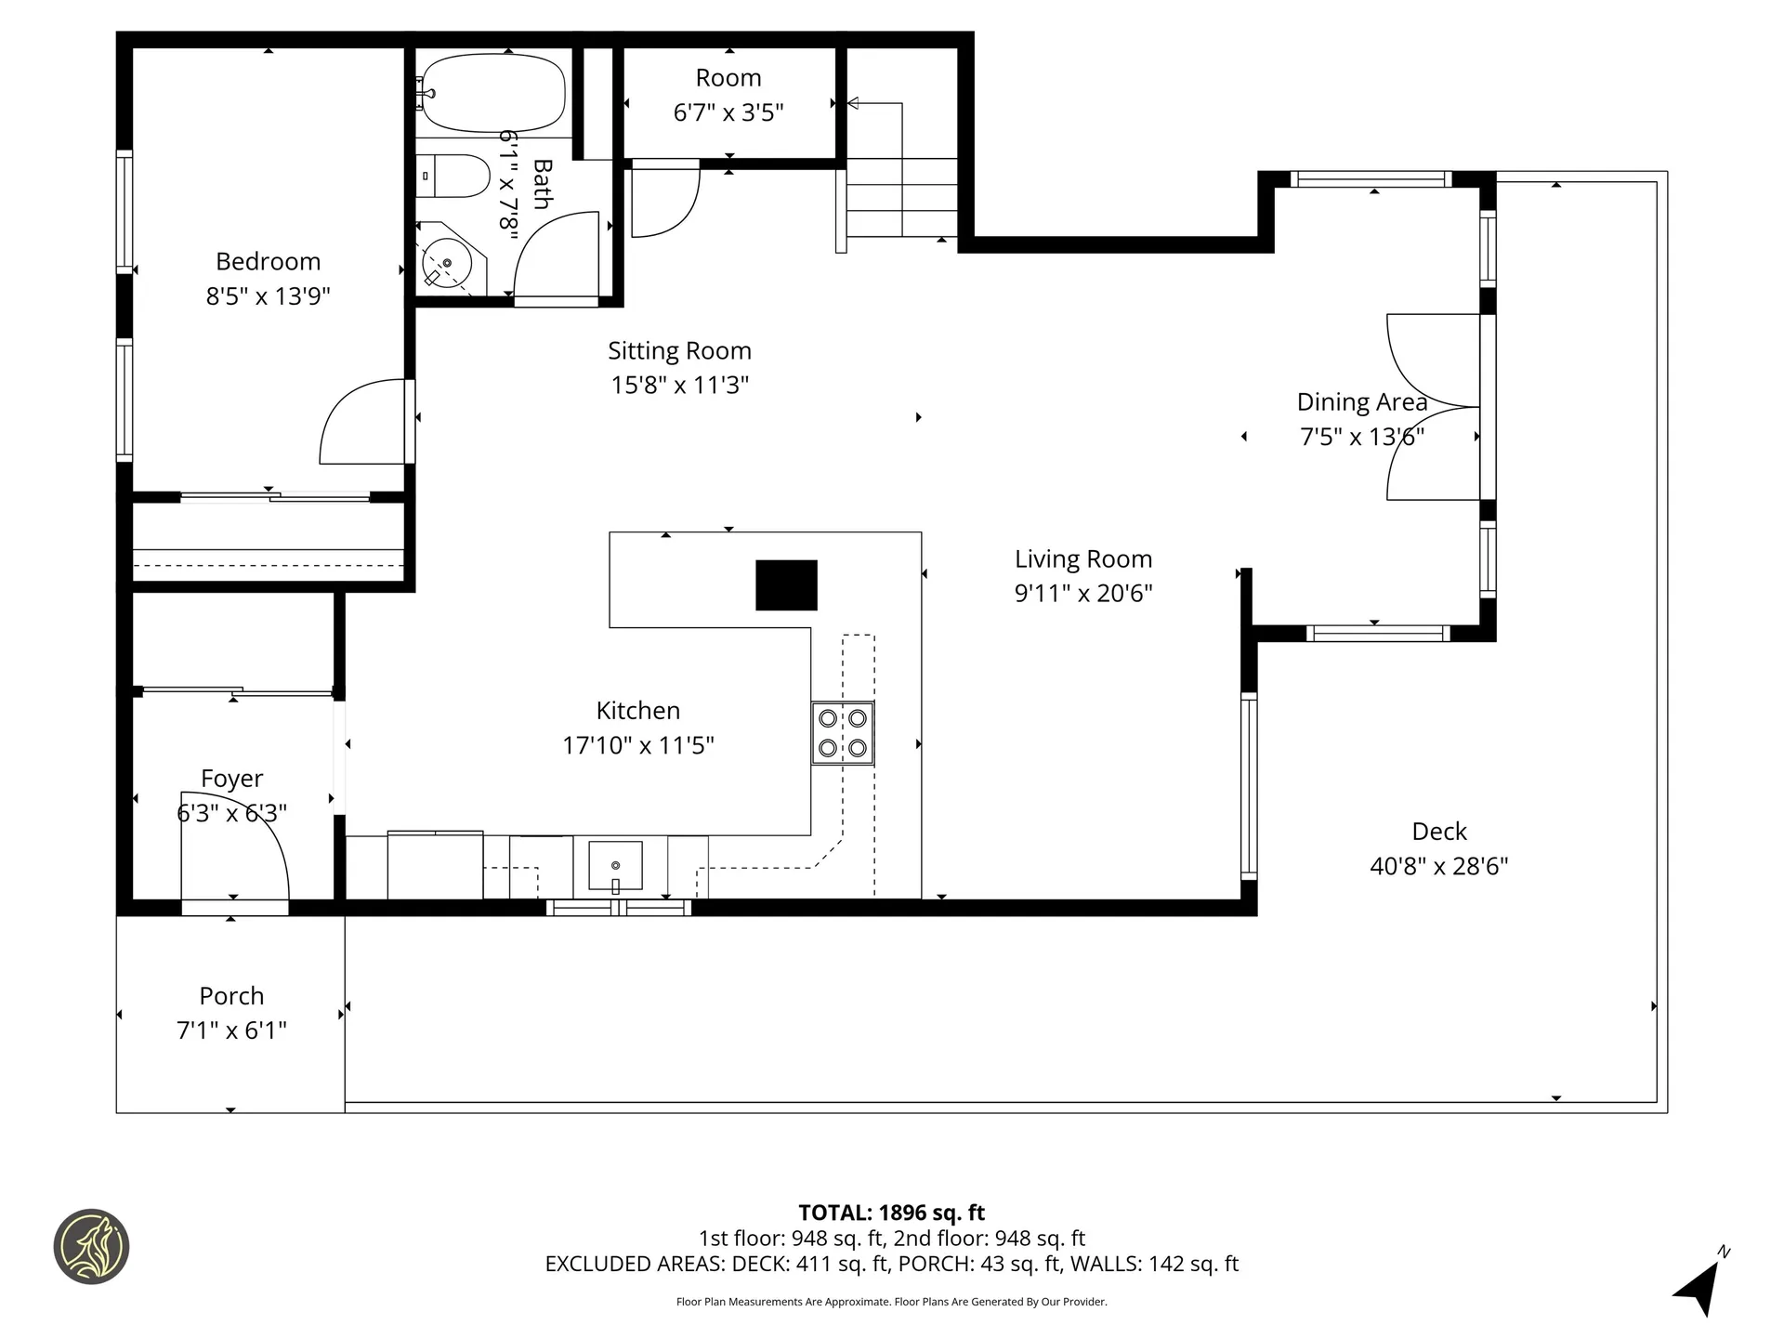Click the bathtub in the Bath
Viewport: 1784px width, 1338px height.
[x=493, y=93]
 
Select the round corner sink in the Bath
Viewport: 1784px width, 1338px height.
[x=447, y=264]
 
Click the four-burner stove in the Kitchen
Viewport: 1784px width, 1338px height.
[x=843, y=733]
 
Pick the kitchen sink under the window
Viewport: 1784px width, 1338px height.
[x=615, y=866]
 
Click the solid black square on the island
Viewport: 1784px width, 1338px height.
[x=786, y=585]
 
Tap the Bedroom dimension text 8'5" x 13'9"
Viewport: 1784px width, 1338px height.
[x=269, y=296]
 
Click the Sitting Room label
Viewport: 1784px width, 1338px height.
[x=679, y=351]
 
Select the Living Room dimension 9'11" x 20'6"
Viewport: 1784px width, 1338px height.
[x=1083, y=593]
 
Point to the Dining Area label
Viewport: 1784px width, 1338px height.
[x=1361, y=402]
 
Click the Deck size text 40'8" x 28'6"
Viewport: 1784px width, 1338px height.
[x=1438, y=866]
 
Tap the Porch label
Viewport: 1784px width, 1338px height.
[x=231, y=996]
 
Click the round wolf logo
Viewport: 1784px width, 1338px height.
[x=91, y=1247]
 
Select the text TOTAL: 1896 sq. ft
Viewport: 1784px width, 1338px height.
[x=891, y=1213]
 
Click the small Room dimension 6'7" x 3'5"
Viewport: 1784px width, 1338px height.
[x=728, y=113]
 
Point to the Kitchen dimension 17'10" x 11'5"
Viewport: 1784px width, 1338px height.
[x=638, y=745]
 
